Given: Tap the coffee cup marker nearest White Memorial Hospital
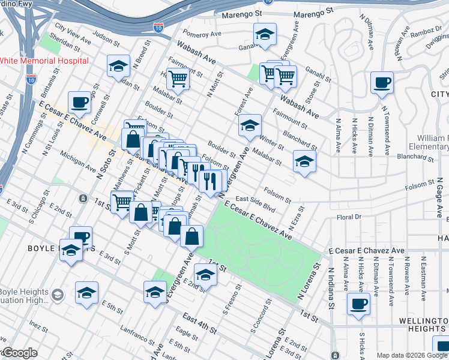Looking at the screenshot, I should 79,103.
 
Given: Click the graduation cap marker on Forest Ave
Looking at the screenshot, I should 250,125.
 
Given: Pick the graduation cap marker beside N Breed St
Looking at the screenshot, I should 118,65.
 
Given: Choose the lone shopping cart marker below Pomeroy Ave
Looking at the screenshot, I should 178,79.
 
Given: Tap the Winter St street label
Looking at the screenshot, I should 272,142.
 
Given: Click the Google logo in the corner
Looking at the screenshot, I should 19,353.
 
